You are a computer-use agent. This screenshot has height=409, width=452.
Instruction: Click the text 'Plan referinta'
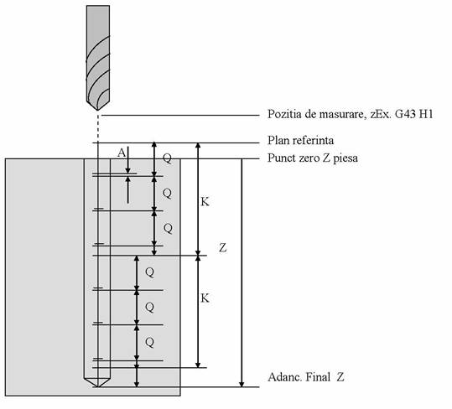301,141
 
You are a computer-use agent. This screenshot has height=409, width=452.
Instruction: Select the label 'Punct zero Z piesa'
313,158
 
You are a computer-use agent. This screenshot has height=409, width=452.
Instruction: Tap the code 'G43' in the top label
405,114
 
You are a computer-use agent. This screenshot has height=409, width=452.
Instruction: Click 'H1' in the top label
426,114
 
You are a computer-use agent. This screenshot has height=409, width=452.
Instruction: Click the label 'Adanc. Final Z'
306,377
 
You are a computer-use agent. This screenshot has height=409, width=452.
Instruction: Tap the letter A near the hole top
122,153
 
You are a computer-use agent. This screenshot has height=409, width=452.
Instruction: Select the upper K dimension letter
205,202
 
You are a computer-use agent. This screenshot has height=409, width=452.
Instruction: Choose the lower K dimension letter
205,298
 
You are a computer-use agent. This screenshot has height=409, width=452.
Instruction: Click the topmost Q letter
167,158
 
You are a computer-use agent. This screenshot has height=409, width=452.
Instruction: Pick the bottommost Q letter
149,343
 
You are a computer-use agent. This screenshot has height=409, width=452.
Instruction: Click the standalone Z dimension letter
223,248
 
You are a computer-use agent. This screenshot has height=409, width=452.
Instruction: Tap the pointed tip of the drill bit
98,110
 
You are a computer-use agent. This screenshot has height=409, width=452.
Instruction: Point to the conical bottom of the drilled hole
97,383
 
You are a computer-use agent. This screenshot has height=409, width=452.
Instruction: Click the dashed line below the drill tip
98,126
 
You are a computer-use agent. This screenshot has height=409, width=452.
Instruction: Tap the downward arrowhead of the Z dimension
242,384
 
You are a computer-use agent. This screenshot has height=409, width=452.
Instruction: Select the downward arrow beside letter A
127,160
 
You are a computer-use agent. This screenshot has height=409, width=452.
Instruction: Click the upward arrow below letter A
127,189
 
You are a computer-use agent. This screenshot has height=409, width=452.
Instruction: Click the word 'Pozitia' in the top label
284,114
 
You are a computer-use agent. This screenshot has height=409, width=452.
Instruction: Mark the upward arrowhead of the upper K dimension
198,146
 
